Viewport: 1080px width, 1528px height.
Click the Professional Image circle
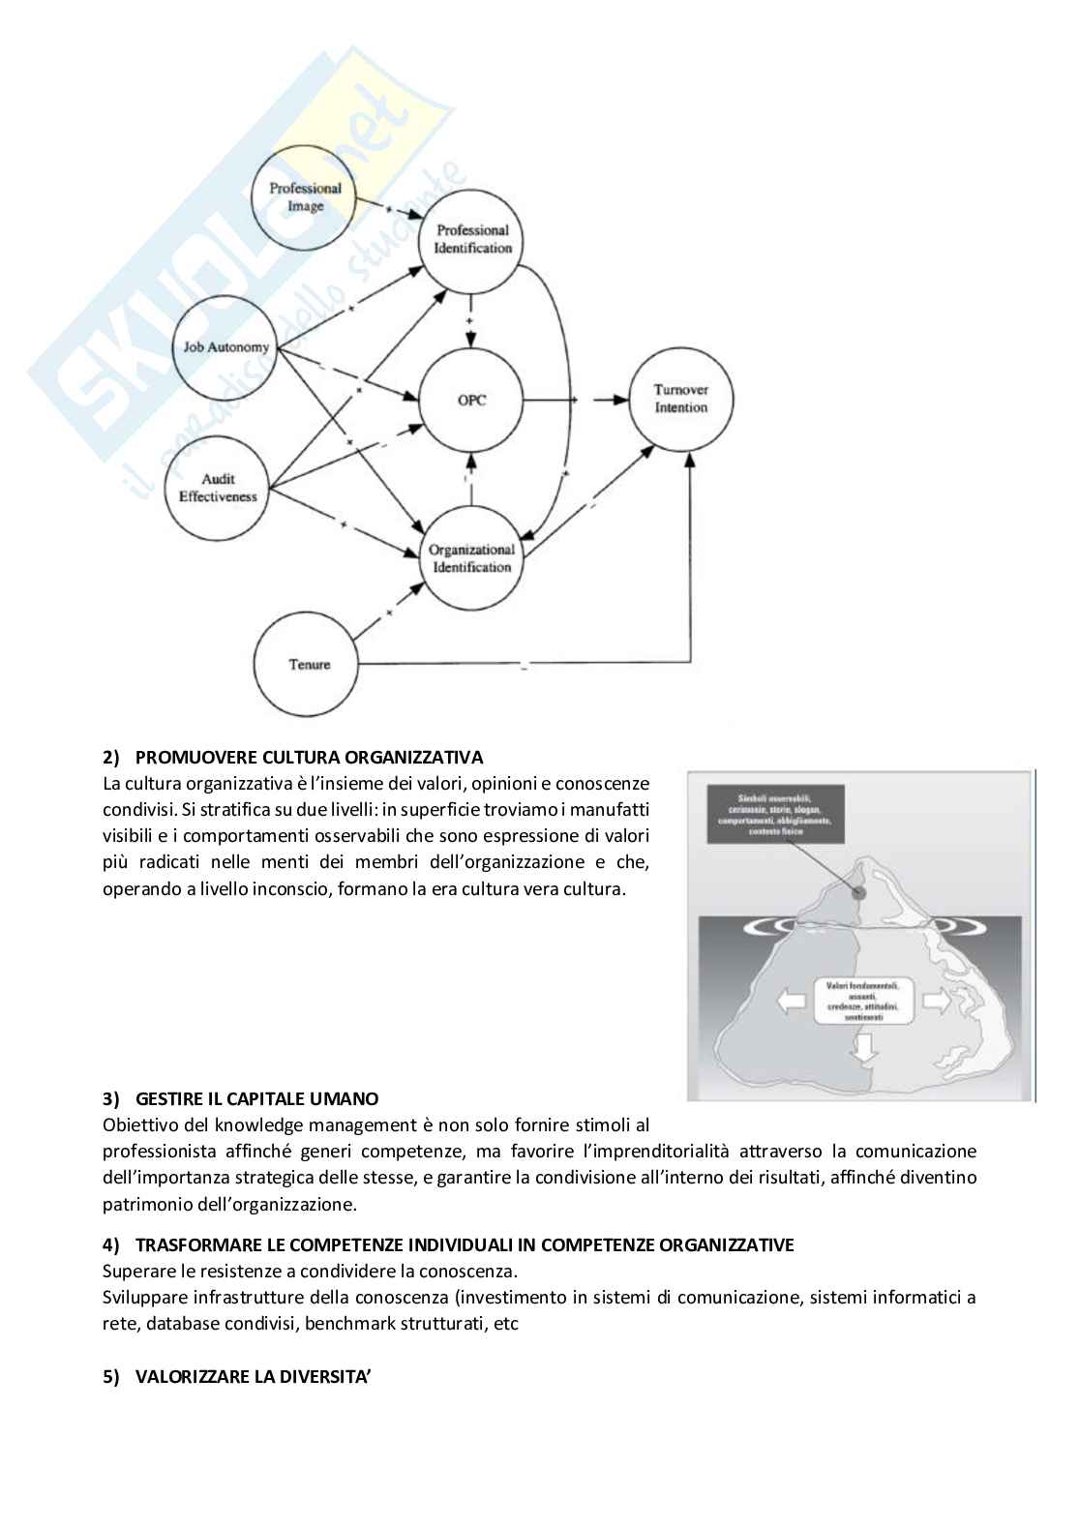[304, 197]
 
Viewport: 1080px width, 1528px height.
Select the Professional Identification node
[472, 239]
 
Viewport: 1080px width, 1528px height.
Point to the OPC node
[471, 400]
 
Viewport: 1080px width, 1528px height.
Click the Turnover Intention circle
[680, 399]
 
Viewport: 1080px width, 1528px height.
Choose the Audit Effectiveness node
[218, 487]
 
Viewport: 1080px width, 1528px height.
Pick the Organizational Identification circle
[471, 558]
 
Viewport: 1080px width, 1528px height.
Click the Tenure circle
[307, 665]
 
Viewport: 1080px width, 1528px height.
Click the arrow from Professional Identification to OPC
[471, 319]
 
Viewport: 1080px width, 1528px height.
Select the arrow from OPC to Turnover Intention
[576, 399]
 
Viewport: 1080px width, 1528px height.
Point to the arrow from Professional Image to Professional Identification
[388, 210]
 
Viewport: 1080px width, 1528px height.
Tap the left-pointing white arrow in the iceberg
[793, 1001]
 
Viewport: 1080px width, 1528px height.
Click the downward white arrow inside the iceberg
[864, 1046]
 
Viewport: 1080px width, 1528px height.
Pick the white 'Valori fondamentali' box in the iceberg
[863, 1001]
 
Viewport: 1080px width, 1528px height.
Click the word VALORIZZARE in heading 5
[193, 1377]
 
